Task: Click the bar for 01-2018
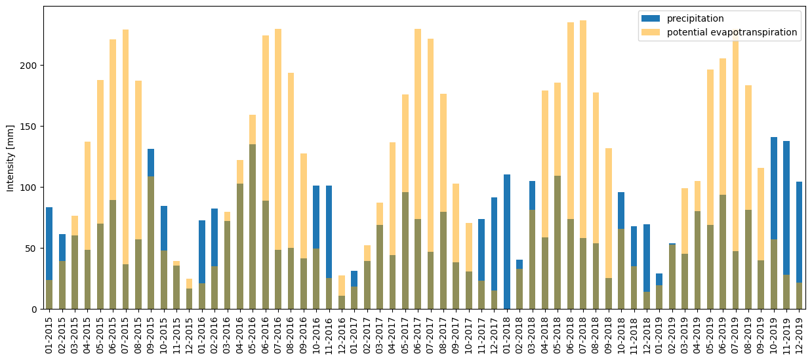tap(507, 242)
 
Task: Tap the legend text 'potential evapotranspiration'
tap(732, 32)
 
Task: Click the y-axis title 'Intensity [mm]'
tap(10, 157)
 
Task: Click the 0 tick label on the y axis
tap(36, 310)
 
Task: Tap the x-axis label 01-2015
tap(49, 335)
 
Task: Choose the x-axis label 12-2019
tap(800, 335)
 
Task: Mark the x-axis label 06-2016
tap(266, 335)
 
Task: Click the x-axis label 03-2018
tap(533, 335)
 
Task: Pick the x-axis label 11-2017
tap(481, 335)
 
